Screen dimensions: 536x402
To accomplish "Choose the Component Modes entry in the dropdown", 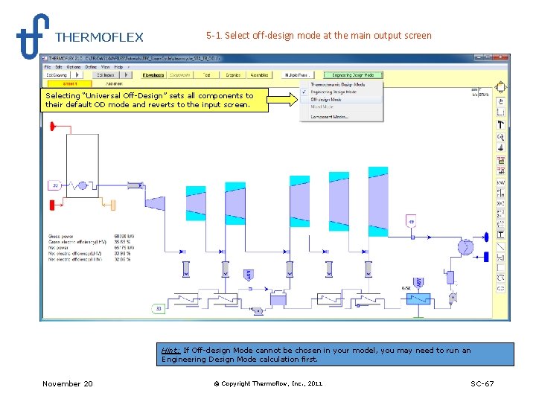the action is (329, 117).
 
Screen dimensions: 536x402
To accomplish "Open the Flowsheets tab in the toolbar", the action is (153, 74).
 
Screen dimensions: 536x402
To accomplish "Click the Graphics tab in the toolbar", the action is (233, 74).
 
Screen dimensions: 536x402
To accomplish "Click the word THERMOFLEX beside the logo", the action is (99, 37).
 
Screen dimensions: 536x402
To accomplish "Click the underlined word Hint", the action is (170, 350).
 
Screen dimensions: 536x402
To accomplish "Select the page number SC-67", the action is (482, 383).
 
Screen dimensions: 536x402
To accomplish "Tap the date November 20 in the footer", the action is (68, 383).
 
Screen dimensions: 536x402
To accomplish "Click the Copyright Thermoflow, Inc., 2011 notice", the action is (268, 383).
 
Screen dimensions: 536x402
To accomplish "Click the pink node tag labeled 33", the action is (55, 185).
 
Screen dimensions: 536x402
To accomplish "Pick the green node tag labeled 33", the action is (158, 307).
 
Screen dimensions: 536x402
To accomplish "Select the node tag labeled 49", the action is (411, 222).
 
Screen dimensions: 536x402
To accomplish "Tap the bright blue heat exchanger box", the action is (418, 299).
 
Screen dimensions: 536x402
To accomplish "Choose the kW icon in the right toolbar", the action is (501, 182).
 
